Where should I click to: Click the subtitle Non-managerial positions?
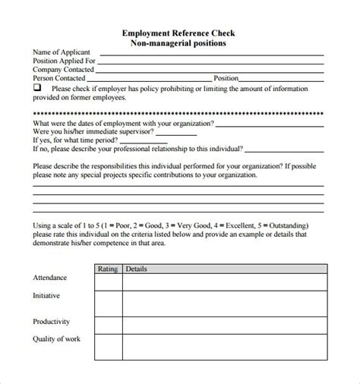[179, 43]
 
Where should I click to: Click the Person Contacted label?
[58, 77]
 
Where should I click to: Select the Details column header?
[137, 269]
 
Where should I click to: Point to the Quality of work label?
[56, 338]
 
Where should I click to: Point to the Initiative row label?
[46, 295]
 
